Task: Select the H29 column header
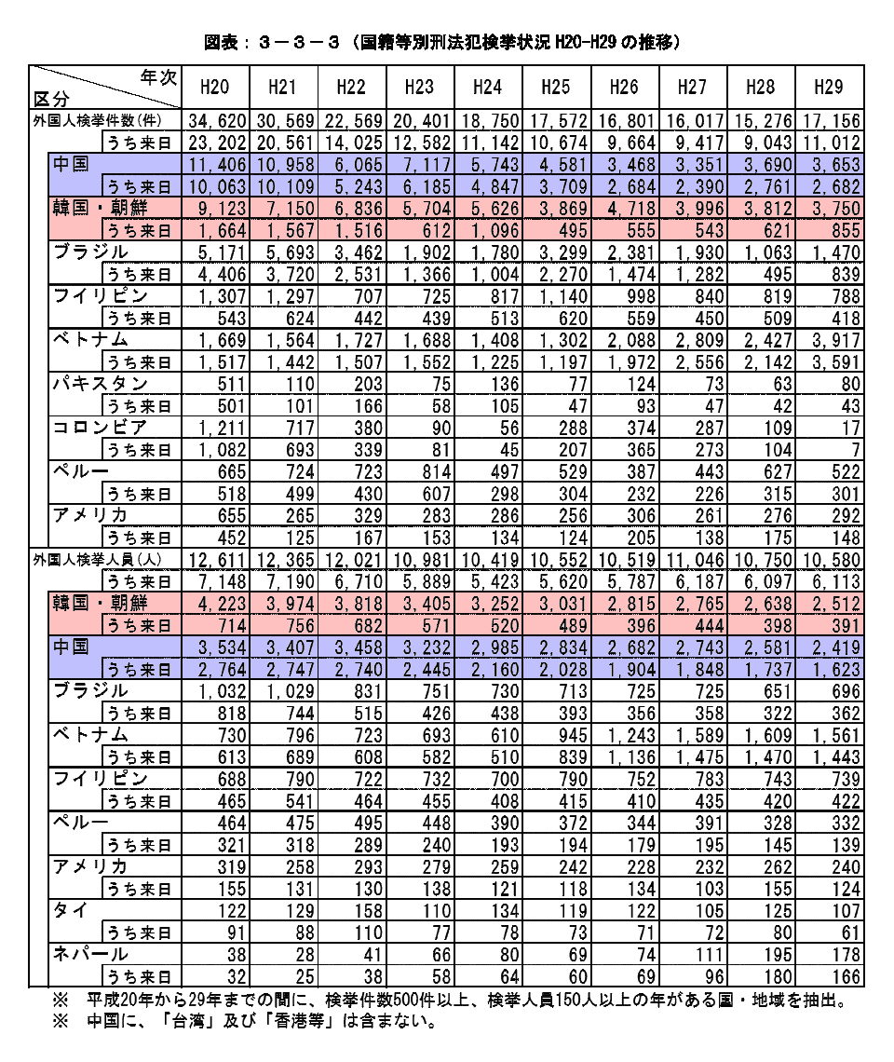click(828, 88)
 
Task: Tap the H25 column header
click(555, 88)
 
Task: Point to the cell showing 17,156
click(828, 121)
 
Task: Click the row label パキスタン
click(99, 384)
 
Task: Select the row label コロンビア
click(99, 428)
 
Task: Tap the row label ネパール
click(89, 955)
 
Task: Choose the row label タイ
click(67, 911)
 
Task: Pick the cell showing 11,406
click(217, 165)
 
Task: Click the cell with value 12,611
click(217, 560)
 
